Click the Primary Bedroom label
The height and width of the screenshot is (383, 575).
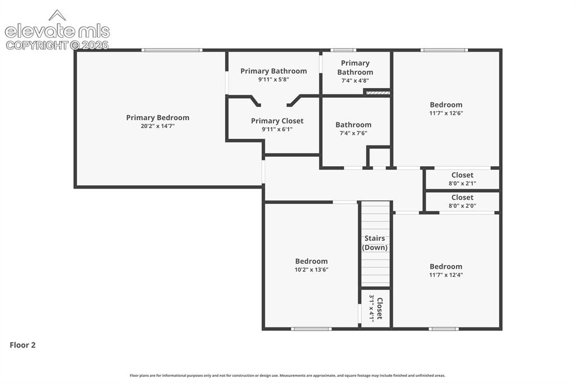click(158, 117)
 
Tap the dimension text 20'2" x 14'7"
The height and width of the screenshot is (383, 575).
click(158, 126)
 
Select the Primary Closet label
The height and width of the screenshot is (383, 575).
click(277, 121)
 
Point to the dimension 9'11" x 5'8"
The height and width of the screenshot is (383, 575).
click(273, 80)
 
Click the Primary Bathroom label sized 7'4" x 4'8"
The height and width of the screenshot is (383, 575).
click(355, 67)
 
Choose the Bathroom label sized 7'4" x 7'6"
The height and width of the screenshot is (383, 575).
click(354, 125)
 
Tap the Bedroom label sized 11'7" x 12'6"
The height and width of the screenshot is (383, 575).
click(446, 104)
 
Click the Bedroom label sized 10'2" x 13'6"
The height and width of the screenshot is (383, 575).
click(311, 261)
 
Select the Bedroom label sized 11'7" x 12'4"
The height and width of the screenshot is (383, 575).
click(446, 266)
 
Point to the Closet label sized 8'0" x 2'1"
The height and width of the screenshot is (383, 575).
click(463, 175)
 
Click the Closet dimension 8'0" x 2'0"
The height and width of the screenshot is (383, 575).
click(463, 206)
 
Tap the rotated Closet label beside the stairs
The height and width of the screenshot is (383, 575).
click(380, 308)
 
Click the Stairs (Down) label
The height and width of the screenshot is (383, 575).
click(375, 243)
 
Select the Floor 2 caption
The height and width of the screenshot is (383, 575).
click(22, 345)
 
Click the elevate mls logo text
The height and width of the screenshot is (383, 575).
click(57, 31)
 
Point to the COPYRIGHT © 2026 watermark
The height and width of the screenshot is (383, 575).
click(57, 45)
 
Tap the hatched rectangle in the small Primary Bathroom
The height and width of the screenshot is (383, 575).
click(378, 93)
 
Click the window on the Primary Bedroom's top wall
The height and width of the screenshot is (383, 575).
click(172, 50)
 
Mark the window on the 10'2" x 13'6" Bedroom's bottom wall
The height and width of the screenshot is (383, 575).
click(311, 329)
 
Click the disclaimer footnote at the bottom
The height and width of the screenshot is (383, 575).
click(287, 375)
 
